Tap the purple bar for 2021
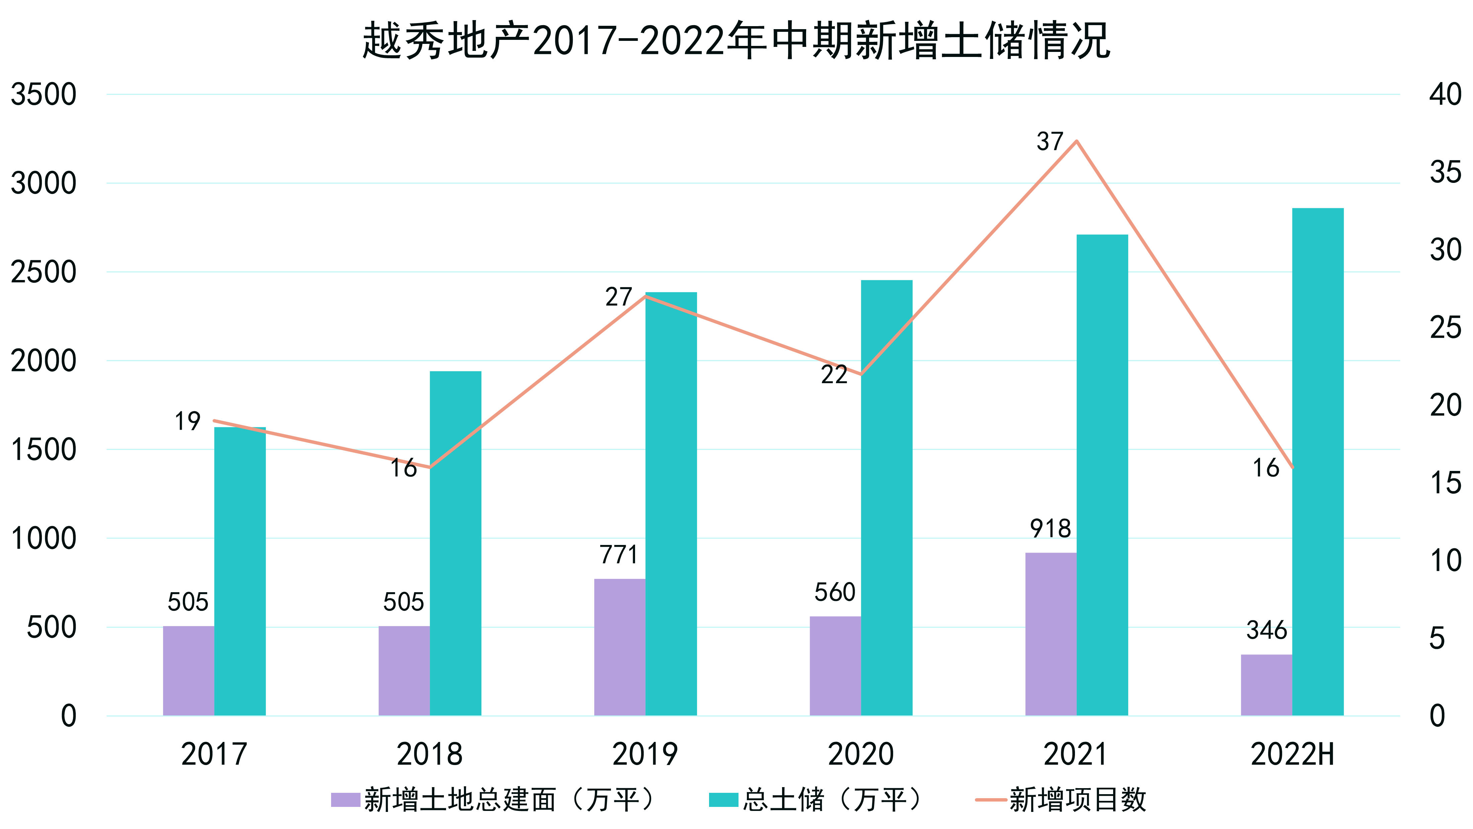(x=1051, y=634)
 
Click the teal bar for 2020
(x=886, y=498)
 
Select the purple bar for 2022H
(x=1266, y=685)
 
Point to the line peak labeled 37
(x=1076, y=141)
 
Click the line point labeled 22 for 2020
(x=861, y=375)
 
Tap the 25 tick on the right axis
(x=1445, y=328)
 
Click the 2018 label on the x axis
(x=430, y=754)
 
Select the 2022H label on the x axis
(x=1292, y=754)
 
